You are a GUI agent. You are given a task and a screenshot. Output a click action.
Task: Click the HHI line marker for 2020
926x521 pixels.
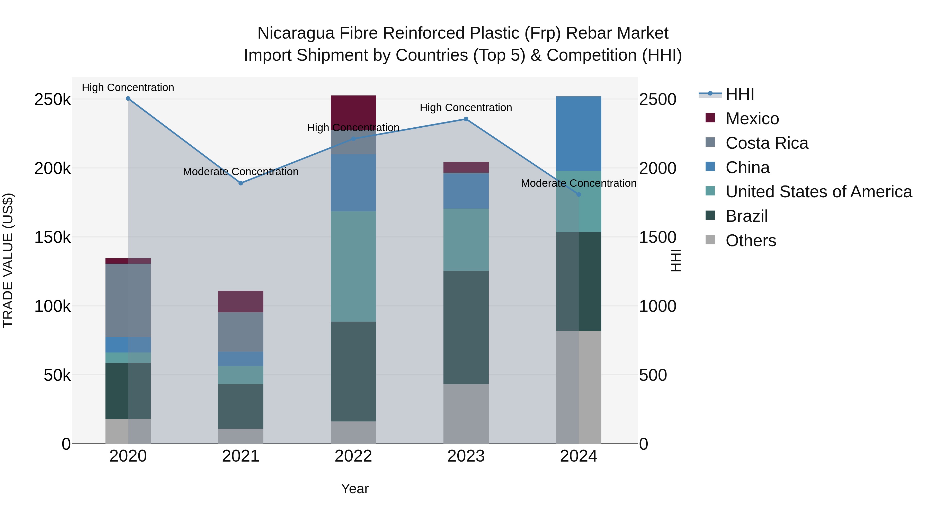(128, 99)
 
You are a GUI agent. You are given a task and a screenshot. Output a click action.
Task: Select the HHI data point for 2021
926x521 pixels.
(241, 183)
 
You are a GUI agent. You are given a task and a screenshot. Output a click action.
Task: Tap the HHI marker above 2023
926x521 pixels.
(466, 119)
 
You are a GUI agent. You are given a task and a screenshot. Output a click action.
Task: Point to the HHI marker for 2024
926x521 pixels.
(578, 195)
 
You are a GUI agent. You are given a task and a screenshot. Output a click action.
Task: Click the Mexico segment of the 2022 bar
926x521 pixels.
(353, 108)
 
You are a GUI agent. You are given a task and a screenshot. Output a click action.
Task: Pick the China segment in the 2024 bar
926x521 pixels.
(578, 133)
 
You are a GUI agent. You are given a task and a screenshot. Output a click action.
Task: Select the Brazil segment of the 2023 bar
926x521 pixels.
(466, 327)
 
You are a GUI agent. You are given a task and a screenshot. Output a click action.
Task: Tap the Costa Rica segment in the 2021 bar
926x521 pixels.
(241, 332)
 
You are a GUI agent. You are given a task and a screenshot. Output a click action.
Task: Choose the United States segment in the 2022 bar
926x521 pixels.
(353, 266)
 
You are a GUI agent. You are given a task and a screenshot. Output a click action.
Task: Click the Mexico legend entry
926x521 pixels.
(752, 119)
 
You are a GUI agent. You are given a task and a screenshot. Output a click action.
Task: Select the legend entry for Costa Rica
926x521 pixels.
(767, 143)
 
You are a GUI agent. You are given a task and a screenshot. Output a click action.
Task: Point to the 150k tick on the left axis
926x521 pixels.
(52, 237)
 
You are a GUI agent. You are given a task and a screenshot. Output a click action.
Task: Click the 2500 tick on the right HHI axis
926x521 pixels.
(657, 99)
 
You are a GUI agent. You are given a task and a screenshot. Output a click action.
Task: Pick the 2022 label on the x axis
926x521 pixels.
(353, 456)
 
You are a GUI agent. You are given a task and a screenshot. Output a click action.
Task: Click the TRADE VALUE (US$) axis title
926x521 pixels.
(8, 260)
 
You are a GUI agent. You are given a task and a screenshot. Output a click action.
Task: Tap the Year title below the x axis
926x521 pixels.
(355, 489)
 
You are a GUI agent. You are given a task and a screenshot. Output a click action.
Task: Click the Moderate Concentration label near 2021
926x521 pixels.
(241, 172)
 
